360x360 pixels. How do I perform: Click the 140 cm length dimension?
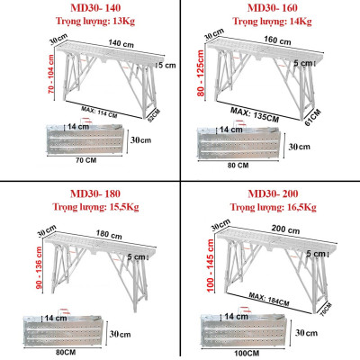[94, 42]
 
